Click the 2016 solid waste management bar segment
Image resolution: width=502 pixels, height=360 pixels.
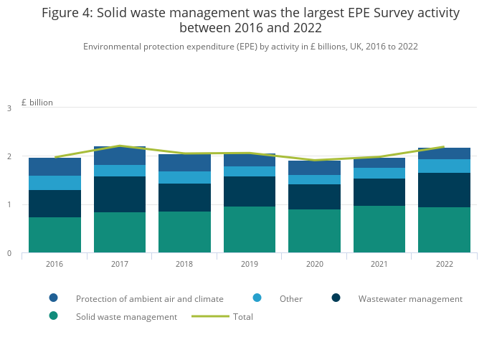[x=55, y=235]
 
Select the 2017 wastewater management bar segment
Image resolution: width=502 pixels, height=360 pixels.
[x=120, y=194]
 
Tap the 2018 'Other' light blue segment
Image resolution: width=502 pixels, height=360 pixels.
[x=184, y=177]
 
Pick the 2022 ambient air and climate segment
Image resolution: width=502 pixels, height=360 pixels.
[x=444, y=153]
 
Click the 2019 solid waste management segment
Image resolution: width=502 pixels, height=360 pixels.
[x=250, y=229]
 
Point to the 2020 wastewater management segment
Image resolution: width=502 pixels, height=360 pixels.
[x=314, y=197]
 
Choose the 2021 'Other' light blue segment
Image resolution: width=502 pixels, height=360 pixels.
[x=379, y=174]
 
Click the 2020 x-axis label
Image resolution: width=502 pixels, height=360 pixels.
[x=314, y=264]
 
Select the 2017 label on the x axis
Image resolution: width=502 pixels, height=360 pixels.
[x=120, y=264]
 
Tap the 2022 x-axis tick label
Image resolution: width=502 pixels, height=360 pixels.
[x=444, y=264]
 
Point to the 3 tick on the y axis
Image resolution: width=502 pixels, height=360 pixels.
[x=9, y=108]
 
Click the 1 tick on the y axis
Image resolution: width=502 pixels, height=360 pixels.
[x=9, y=205]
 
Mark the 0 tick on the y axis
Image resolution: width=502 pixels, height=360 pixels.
[x=9, y=253]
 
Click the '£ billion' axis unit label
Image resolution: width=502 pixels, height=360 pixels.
[x=37, y=103]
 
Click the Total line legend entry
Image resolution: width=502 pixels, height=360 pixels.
[x=242, y=316]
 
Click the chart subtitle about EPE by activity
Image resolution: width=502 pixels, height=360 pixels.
[x=250, y=47]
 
